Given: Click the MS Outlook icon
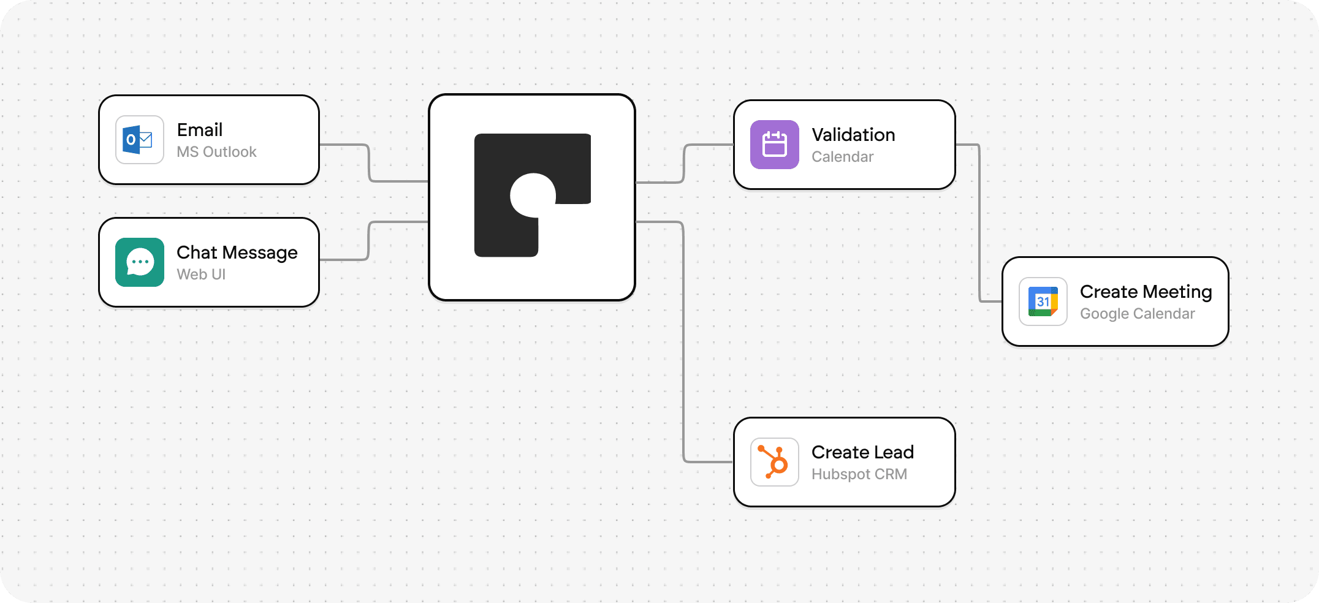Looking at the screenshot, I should pos(139,140).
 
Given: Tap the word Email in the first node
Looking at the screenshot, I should pos(199,130).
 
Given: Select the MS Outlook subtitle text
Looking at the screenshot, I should pos(216,152).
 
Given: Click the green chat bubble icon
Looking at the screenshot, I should pos(139,262).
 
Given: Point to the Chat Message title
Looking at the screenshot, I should pos(237,252).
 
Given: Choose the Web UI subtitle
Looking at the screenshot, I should pos(201,275).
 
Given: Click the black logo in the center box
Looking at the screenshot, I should pos(531,195).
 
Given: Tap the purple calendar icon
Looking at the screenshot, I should pos(774,145).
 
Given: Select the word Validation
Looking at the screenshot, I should pos(853,135).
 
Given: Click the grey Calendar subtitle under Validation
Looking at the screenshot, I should pos(842,157).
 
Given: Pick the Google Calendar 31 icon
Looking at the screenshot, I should pos(1043,301).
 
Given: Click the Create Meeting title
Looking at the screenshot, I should pos(1146,292).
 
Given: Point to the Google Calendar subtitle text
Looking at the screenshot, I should pos(1137,314).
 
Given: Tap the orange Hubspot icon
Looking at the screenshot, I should pos(774,462).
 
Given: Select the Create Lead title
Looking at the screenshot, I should pos(862,452).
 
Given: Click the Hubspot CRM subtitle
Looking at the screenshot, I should pos(859,474).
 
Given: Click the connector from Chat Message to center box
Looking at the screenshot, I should pos(369,240).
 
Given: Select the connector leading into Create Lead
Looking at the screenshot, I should pos(683,343).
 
